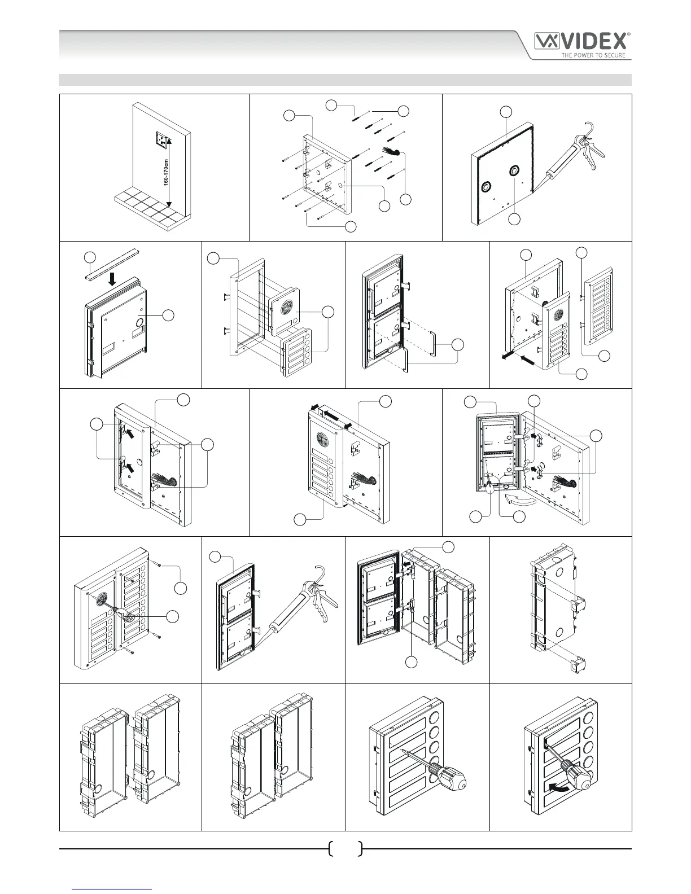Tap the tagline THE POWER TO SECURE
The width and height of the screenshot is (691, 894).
tap(592, 55)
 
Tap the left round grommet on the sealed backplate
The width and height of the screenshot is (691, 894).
tap(485, 187)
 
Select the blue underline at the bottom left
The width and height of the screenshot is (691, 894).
tap(112, 889)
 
